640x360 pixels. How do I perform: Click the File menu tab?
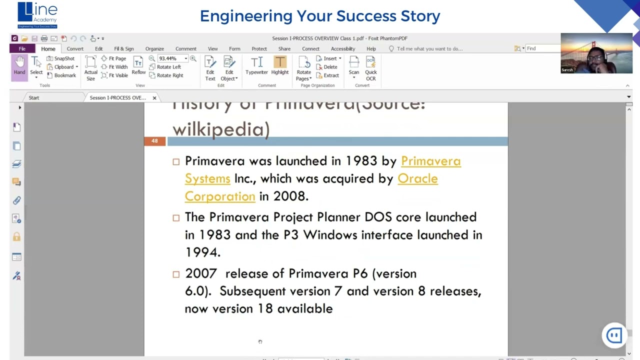[x=22, y=48]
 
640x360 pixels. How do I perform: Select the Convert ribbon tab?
[x=75, y=48]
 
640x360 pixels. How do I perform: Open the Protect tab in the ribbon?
[x=259, y=48]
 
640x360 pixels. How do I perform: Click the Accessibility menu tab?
[x=342, y=48]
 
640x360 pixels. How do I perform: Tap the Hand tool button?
[x=19, y=66]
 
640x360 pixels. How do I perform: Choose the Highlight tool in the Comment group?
[x=280, y=66]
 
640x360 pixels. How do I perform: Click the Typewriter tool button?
[x=256, y=66]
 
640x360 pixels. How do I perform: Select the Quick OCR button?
[x=370, y=68]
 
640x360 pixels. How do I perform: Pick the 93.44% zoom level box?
[x=170, y=58]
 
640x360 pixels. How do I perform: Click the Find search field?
[x=542, y=48]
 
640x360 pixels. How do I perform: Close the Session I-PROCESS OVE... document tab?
[x=154, y=97]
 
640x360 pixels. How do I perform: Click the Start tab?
[x=34, y=97]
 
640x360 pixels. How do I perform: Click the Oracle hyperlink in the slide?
[x=417, y=178]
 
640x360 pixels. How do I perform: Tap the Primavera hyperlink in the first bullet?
[x=430, y=161]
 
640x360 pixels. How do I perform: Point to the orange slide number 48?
[x=154, y=141]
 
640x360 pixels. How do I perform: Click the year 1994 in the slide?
[x=202, y=252]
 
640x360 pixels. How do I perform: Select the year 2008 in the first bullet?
[x=290, y=196]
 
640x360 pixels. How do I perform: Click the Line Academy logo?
[x=37, y=15]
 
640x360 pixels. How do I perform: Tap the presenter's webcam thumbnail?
[x=596, y=53]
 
